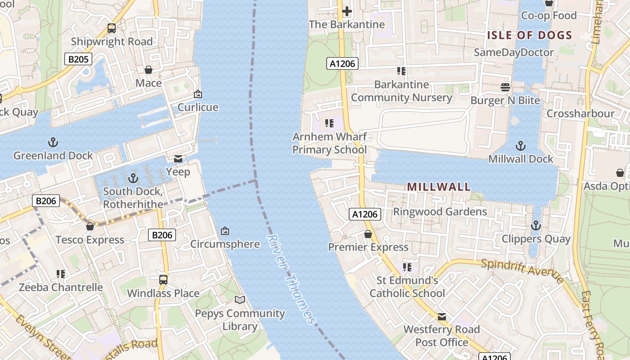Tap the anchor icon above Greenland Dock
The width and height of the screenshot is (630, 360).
tap(53, 143)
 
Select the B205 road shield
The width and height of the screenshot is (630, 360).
tap(78, 59)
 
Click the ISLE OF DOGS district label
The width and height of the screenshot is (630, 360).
tap(530, 36)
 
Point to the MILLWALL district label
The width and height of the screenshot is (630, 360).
tap(439, 187)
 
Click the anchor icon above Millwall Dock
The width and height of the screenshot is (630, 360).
tap(521, 146)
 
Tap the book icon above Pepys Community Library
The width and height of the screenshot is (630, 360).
tap(240, 300)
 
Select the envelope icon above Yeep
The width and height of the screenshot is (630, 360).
tap(178, 159)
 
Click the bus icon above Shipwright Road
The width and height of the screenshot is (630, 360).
tap(112, 28)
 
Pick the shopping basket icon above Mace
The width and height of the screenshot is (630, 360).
tap(148, 70)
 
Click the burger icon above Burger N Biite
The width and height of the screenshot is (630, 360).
tap(505, 87)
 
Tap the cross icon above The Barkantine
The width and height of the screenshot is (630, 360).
tap(346, 11)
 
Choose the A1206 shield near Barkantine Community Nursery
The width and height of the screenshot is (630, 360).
tap(342, 64)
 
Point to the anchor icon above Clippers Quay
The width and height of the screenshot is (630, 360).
tap(536, 225)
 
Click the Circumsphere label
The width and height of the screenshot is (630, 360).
tap(225, 244)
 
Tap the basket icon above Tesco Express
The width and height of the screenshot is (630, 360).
tap(90, 226)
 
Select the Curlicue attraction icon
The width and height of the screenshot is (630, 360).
tap(198, 94)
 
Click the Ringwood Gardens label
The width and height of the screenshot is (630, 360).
tap(440, 211)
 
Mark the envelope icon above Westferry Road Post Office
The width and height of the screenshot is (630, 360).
tap(442, 317)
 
